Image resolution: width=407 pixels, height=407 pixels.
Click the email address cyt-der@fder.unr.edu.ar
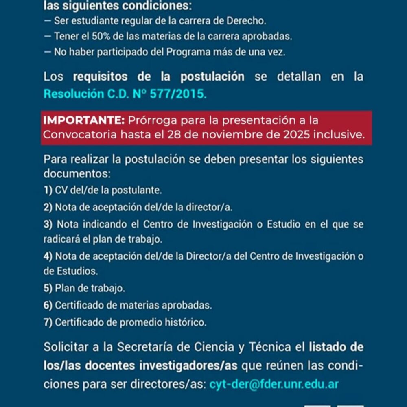tap(274, 384)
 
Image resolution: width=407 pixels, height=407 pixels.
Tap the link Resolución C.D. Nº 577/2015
tap(125, 94)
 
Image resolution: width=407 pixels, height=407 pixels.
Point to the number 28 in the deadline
tap(173, 135)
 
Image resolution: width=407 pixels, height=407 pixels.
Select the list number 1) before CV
tap(48, 190)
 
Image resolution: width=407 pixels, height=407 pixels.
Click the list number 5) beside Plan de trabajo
tap(48, 289)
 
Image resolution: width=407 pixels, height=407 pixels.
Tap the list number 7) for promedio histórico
tap(48, 322)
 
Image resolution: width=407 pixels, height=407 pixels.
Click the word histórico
tap(186, 322)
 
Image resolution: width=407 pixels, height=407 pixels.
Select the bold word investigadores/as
tap(188, 365)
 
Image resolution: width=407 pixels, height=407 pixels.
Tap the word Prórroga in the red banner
tap(152, 120)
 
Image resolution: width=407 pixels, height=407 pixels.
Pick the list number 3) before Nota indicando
tap(48, 224)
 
